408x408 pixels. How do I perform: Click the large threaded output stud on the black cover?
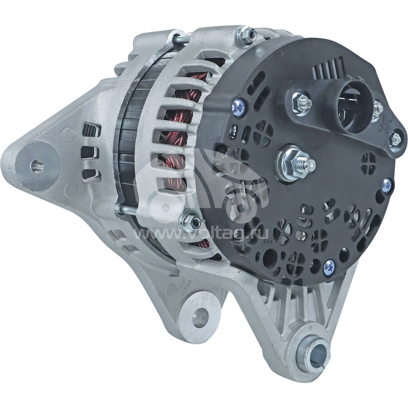click(x=296, y=163)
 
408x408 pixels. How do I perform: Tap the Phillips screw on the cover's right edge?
click(x=388, y=185)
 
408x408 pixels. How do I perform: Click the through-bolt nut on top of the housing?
click(x=246, y=34)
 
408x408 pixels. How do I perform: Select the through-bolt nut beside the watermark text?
click(x=190, y=222)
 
